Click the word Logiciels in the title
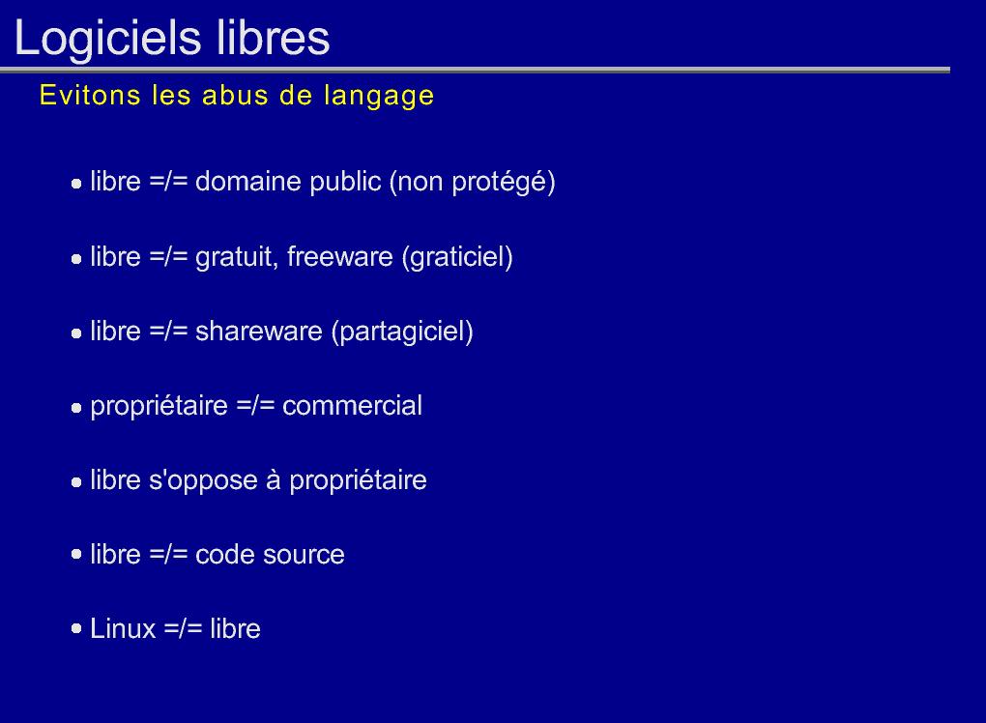point(107,39)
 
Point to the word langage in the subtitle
point(379,97)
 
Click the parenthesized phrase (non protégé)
point(473,183)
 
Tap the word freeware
point(339,256)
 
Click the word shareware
point(258,332)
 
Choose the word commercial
point(352,406)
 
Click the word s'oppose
point(203,481)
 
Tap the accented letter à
point(273,479)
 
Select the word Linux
point(123,628)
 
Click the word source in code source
point(304,555)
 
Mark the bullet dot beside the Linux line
point(76,628)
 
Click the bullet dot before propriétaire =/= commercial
point(76,407)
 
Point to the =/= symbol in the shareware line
point(168,332)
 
